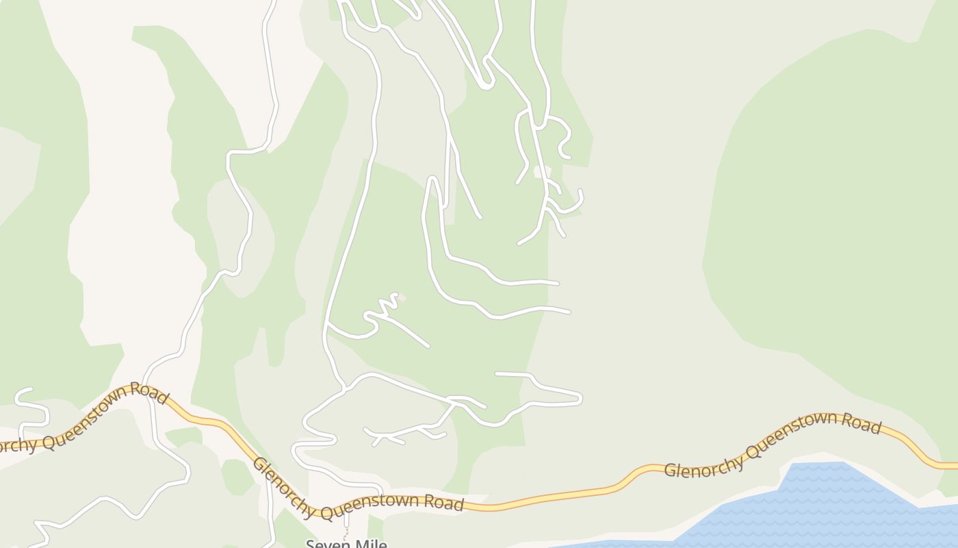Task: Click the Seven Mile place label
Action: click(x=346, y=544)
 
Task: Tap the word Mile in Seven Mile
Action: click(x=369, y=544)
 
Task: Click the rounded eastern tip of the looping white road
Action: click(x=580, y=398)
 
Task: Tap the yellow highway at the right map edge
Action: click(x=948, y=466)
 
